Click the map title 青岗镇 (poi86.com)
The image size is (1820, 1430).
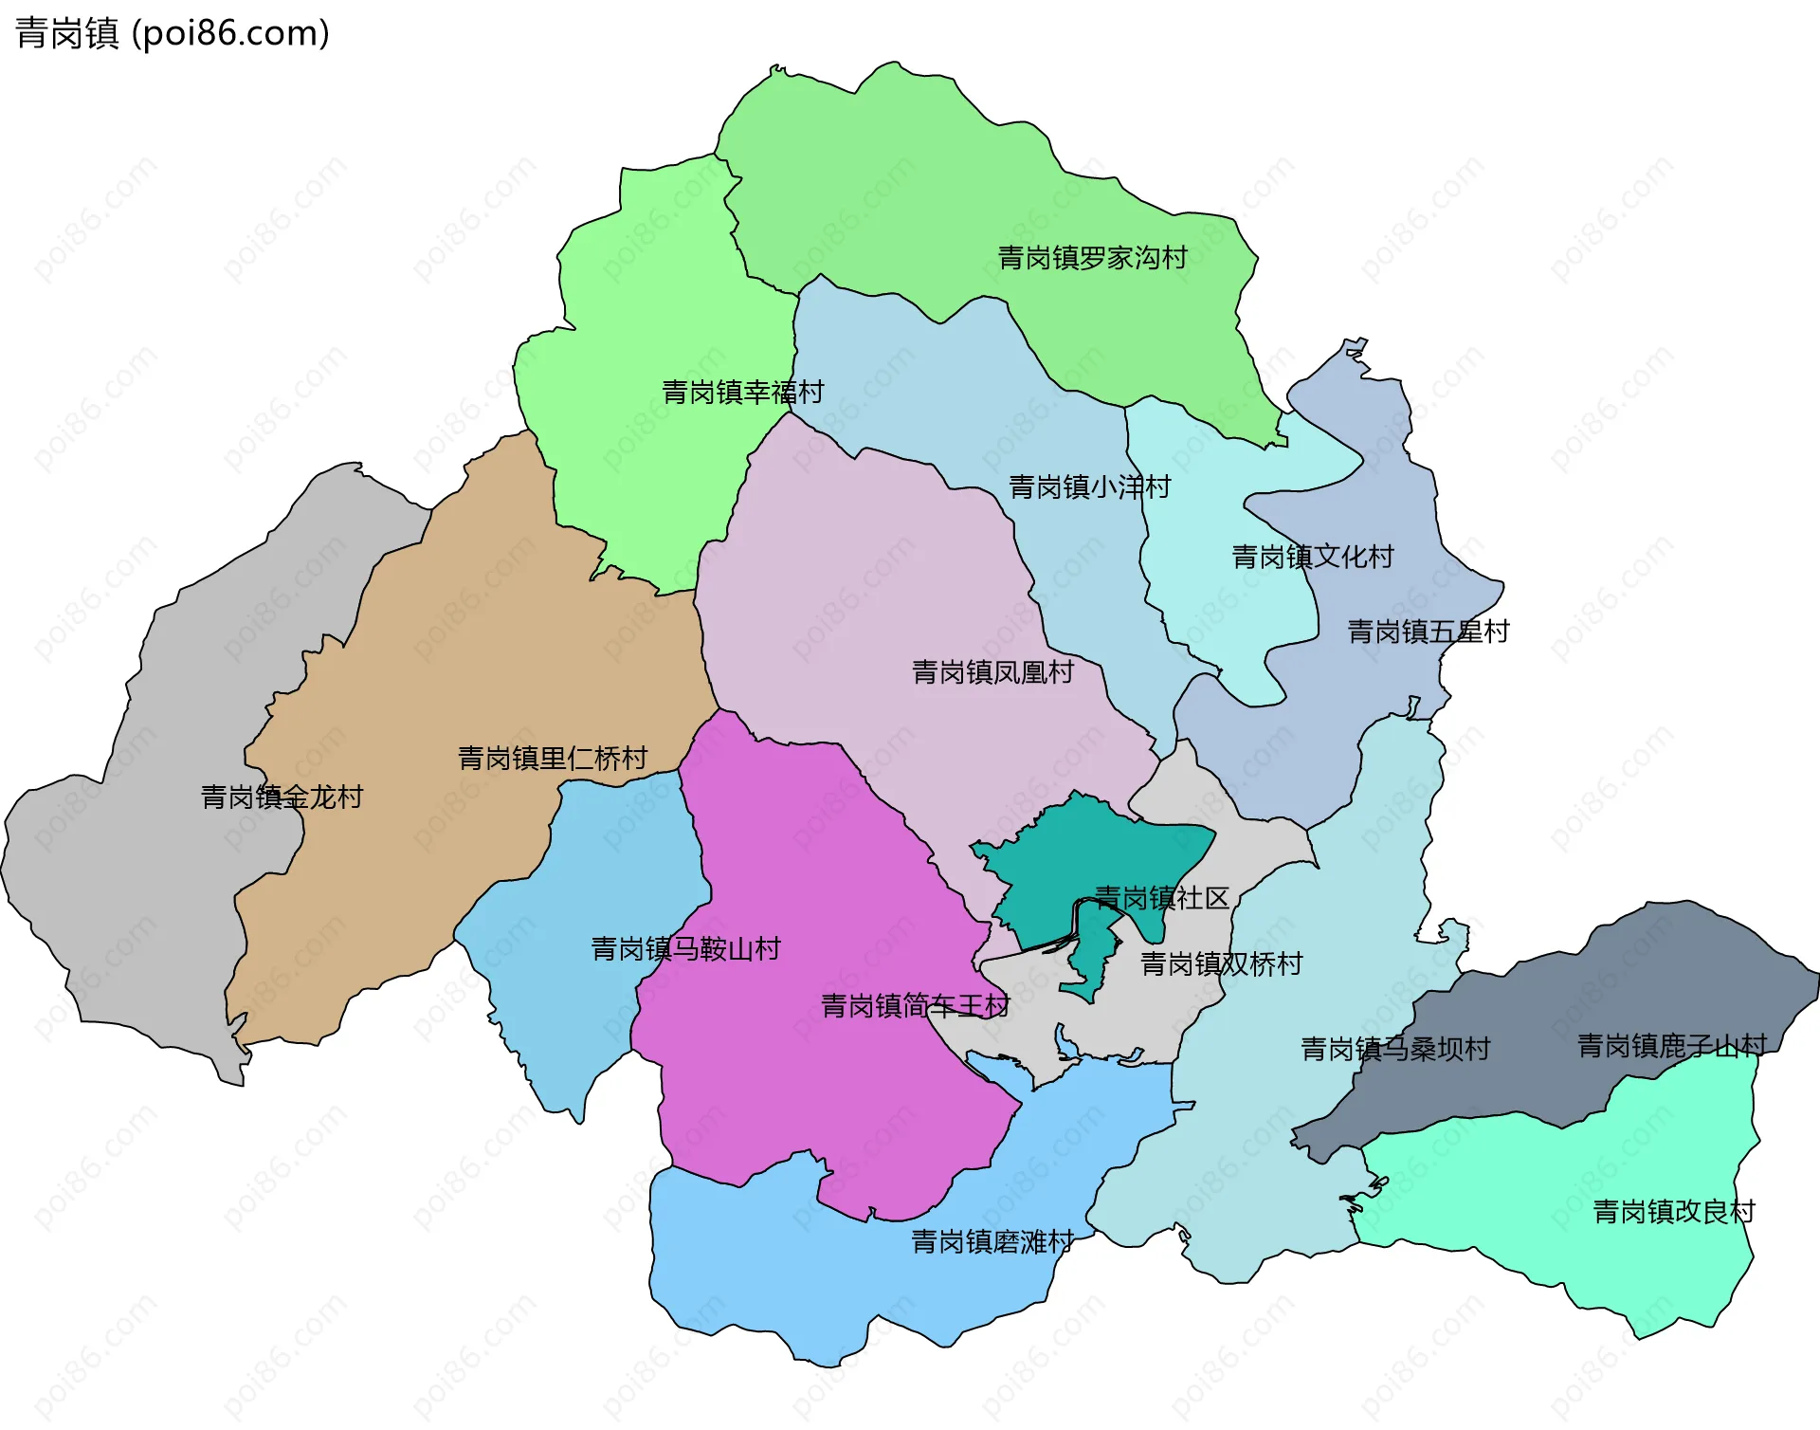click(x=173, y=33)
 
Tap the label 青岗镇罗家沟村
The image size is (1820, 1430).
click(x=1092, y=258)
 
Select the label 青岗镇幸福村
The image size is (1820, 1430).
click(x=742, y=393)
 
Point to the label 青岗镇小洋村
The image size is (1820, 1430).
click(x=1089, y=487)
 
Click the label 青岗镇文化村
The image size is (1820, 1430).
click(x=1312, y=557)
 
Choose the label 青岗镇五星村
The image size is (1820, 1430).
click(x=1428, y=632)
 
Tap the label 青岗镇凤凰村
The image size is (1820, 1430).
click(x=992, y=672)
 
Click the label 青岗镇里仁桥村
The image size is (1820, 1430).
click(x=553, y=759)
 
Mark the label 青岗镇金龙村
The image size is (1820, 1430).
click(x=282, y=797)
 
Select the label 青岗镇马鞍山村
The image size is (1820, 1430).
click(x=685, y=949)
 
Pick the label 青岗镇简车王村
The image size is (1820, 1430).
click(x=915, y=1006)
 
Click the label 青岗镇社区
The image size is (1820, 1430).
click(x=1161, y=898)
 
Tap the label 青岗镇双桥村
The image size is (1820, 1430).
click(x=1221, y=964)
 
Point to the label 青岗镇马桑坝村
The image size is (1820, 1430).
click(x=1395, y=1050)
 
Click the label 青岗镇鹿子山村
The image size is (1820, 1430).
click(x=1671, y=1046)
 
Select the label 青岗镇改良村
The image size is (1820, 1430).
click(x=1674, y=1212)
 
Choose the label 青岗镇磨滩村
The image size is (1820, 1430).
click(x=992, y=1242)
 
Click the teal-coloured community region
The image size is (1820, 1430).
click(x=1062, y=853)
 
